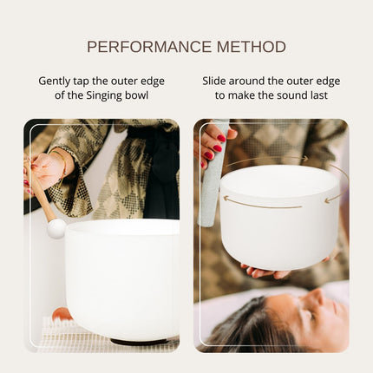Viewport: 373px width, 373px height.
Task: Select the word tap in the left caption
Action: click(x=93, y=81)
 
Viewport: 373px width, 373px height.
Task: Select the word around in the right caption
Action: click(x=257, y=81)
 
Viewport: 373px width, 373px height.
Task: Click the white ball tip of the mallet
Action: click(x=56, y=228)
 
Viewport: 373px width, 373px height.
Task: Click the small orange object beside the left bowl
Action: click(x=61, y=314)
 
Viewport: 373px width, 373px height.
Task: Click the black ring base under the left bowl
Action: click(x=143, y=341)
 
